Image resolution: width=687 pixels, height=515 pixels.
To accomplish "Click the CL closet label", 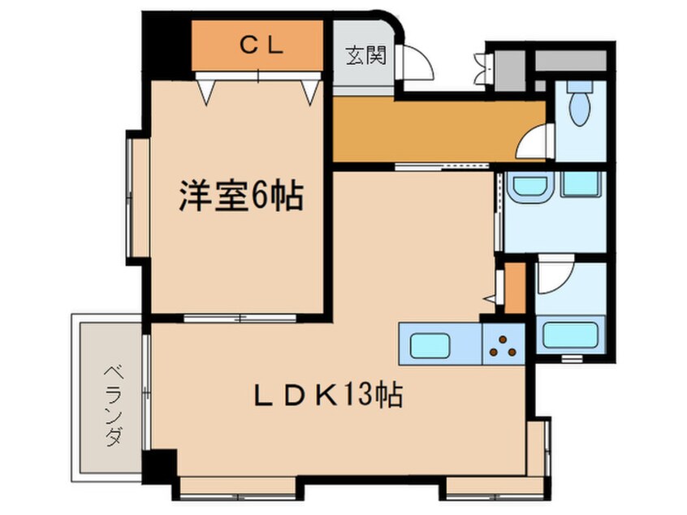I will [260, 46].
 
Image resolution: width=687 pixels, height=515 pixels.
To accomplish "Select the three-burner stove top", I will [503, 344].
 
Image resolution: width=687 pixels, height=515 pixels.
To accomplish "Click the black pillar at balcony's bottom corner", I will [159, 465].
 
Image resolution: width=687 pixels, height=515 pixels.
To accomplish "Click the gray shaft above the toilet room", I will [570, 59].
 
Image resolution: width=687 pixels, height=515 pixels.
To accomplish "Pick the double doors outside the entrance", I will [481, 69].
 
